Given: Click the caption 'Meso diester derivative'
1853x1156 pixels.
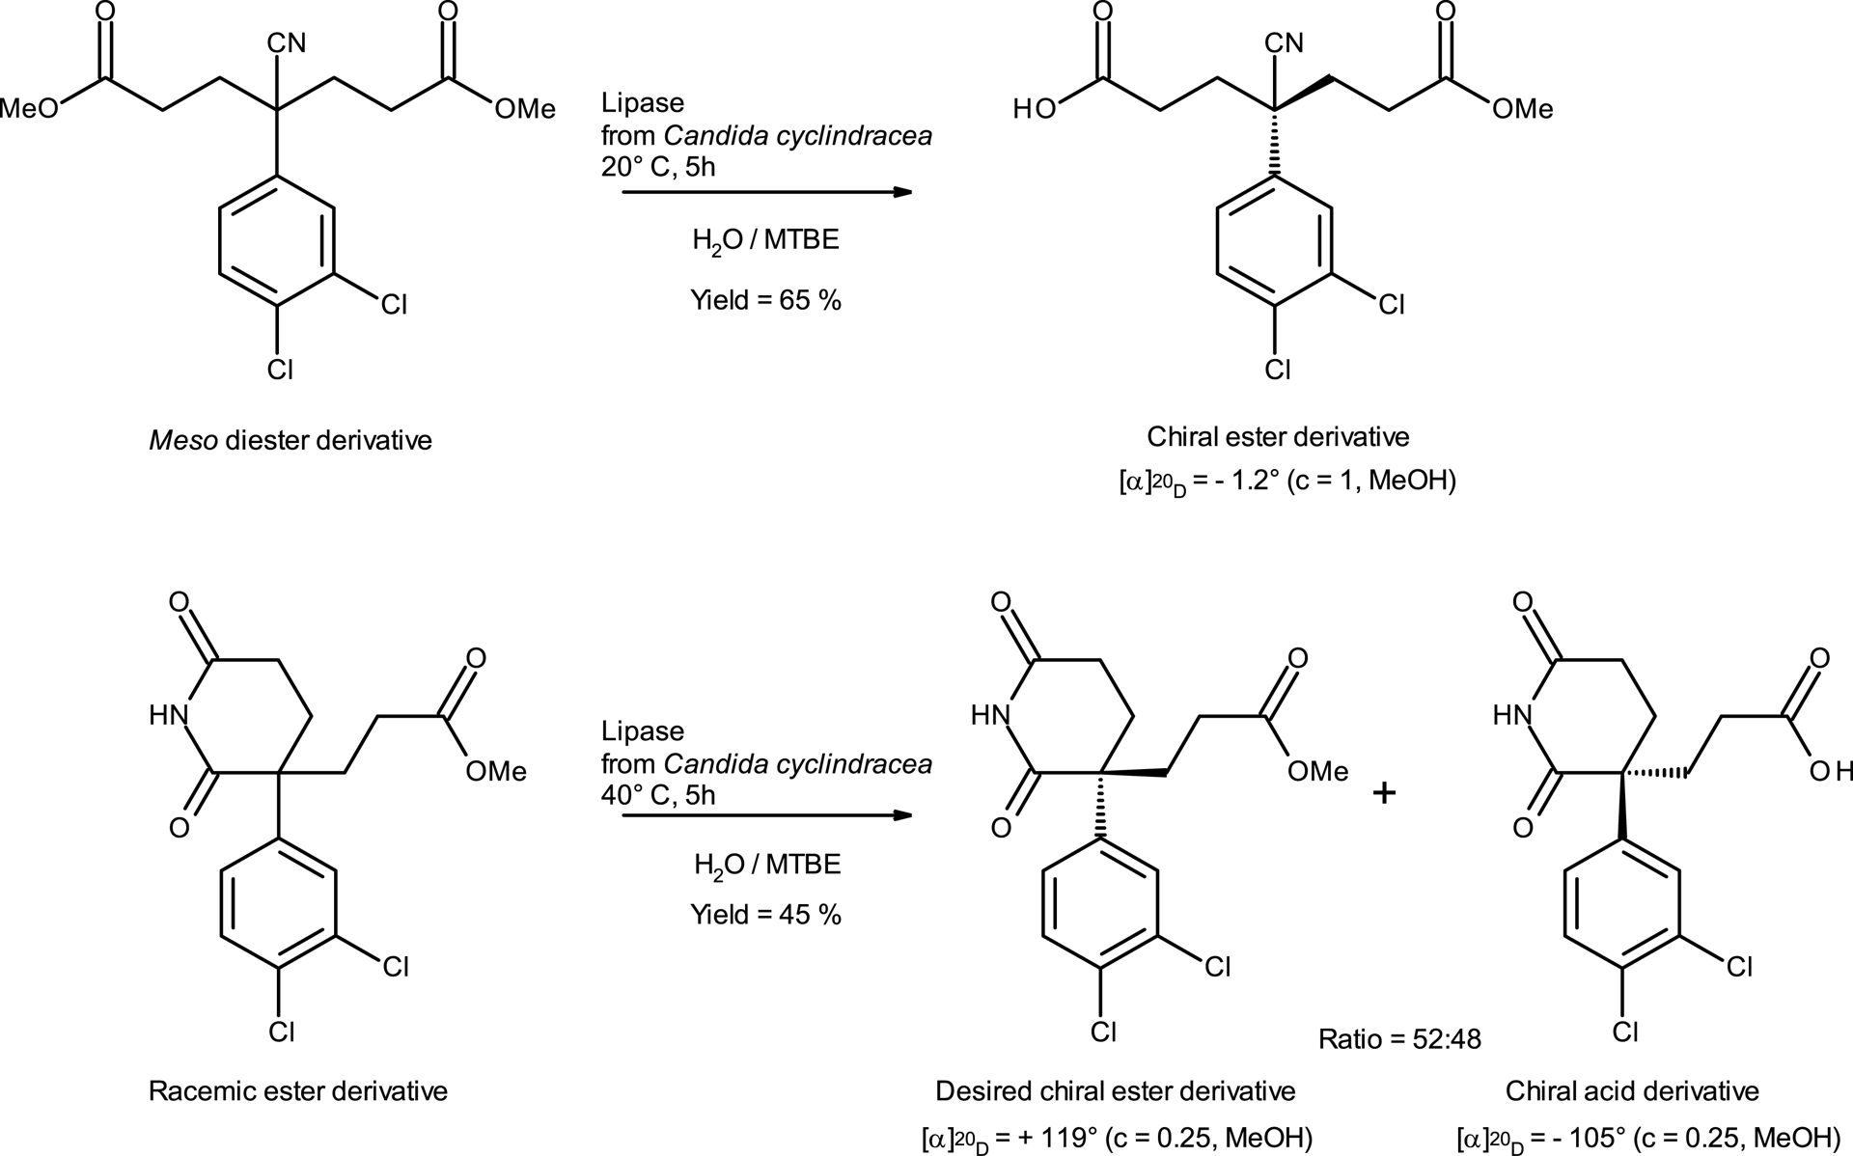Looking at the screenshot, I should pyautogui.click(x=290, y=441).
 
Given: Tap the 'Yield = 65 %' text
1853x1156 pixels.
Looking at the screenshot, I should pyautogui.click(x=765, y=300).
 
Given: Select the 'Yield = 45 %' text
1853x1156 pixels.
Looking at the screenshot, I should pyautogui.click(x=765, y=914).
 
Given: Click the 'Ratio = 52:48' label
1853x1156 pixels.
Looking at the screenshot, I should pyautogui.click(x=1399, y=1038).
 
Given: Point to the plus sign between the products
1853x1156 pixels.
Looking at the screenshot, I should pyautogui.click(x=1384, y=793).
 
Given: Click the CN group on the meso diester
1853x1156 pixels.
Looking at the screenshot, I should pyautogui.click(x=287, y=42).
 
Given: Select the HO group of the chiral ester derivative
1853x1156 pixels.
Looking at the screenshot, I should pyautogui.click(x=1034, y=109).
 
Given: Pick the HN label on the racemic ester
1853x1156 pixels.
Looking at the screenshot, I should pyautogui.click(x=169, y=715).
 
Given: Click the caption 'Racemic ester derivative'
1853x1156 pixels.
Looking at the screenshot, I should pyautogui.click(x=297, y=1091).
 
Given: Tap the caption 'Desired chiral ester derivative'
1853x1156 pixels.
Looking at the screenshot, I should pyautogui.click(x=1115, y=1091).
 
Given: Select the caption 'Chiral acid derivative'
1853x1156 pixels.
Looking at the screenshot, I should pyautogui.click(x=1632, y=1091).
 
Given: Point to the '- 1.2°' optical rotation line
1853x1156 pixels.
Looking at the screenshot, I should pyautogui.click(x=1286, y=481).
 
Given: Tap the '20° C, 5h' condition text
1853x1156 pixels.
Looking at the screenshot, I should pyautogui.click(x=658, y=166).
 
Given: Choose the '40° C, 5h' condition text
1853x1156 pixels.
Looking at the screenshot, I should pyautogui.click(x=658, y=794).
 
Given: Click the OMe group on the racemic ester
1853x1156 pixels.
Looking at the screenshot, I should pyautogui.click(x=496, y=771).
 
